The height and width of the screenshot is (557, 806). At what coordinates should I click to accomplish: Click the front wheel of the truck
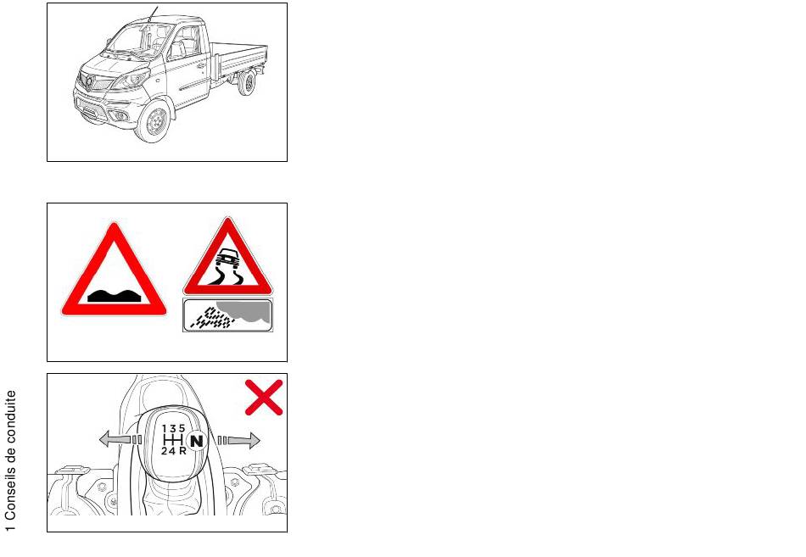pos(154,122)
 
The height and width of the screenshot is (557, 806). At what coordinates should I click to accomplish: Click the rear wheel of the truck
pos(248,82)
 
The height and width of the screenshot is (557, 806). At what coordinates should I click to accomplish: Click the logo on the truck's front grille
pos(89,83)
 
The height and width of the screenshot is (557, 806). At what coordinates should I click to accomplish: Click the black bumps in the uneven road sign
pos(114,295)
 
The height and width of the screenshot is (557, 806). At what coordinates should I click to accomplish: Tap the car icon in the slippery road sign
pos(227,258)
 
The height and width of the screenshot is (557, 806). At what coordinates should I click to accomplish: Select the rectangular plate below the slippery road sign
pos(227,315)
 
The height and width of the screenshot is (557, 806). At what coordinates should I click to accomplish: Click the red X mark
pos(264,398)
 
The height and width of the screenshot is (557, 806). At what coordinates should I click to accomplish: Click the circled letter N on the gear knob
pos(196,440)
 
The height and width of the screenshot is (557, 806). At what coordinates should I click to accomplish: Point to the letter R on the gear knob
pos(182,451)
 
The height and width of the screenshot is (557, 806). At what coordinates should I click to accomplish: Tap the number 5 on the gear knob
pos(182,428)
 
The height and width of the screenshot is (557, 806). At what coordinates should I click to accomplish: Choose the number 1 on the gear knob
pos(165,428)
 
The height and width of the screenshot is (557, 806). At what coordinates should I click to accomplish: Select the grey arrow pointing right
pos(239,440)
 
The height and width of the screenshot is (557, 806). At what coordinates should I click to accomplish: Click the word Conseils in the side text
pos(11,495)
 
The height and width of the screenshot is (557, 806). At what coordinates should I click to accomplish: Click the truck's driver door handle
pos(201,66)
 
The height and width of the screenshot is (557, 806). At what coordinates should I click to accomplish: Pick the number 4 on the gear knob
pos(171,451)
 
